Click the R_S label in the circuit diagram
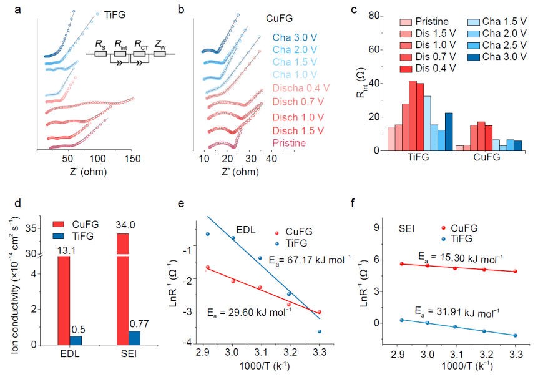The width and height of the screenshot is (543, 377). [x=100, y=43]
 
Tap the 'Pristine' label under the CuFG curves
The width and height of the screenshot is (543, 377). [x=289, y=143]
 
